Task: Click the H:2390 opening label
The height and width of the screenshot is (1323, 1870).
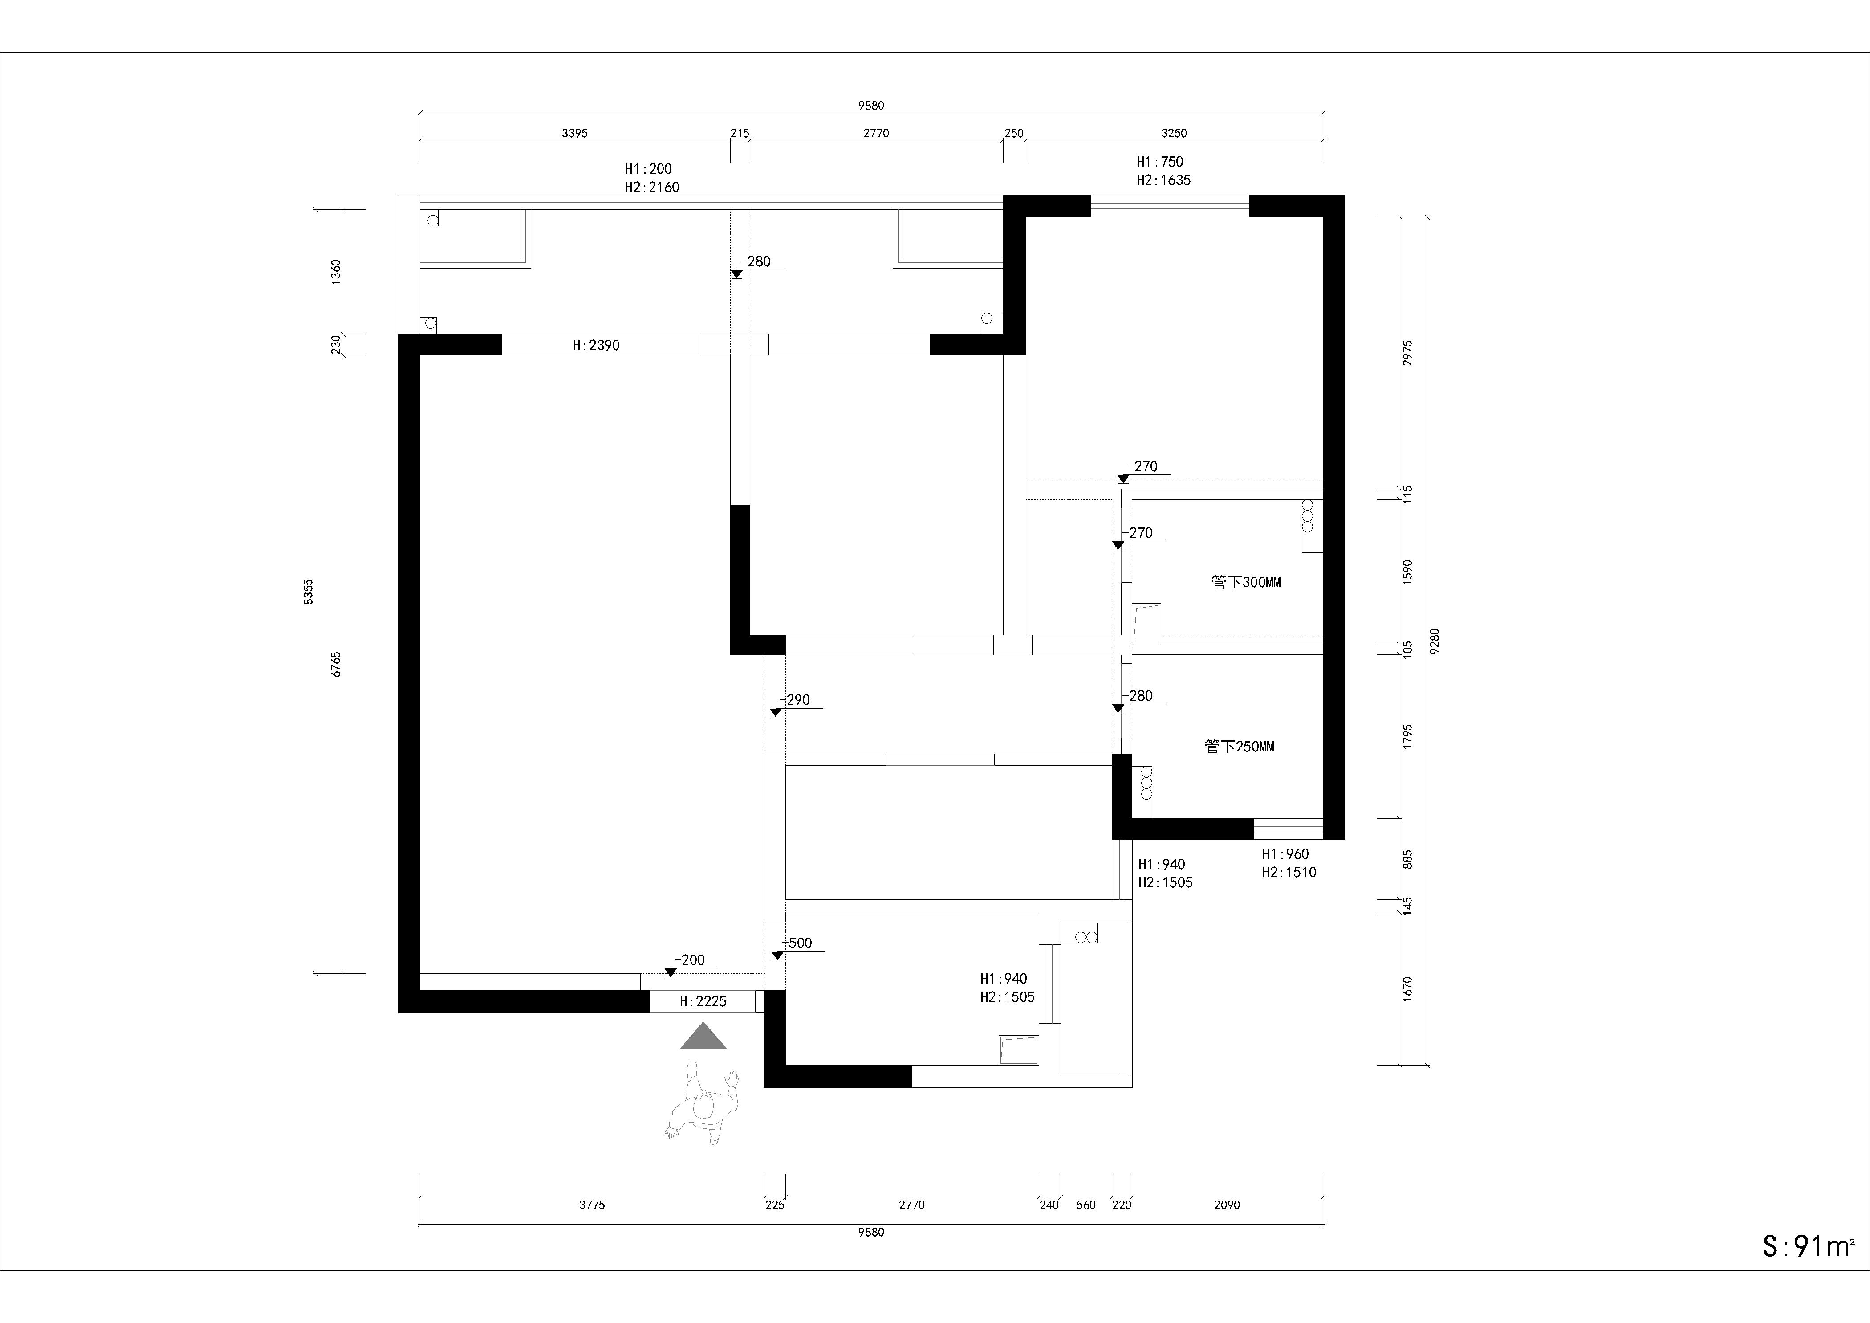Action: (596, 345)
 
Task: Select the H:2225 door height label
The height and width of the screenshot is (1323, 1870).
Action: (703, 1001)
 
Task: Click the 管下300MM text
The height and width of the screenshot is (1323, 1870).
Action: (1246, 583)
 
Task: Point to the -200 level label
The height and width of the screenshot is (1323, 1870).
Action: (689, 960)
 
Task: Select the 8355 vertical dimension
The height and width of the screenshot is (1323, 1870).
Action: (308, 592)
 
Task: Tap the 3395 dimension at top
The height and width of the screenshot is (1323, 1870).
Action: (574, 133)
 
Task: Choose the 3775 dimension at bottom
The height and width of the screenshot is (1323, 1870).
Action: (592, 1205)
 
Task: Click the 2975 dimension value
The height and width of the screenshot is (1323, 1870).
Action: (1408, 353)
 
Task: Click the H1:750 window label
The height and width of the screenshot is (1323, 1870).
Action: (1160, 162)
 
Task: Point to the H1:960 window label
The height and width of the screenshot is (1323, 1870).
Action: (1285, 854)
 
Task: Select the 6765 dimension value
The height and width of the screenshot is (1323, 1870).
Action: (336, 664)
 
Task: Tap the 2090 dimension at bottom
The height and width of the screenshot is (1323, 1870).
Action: (1227, 1205)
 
